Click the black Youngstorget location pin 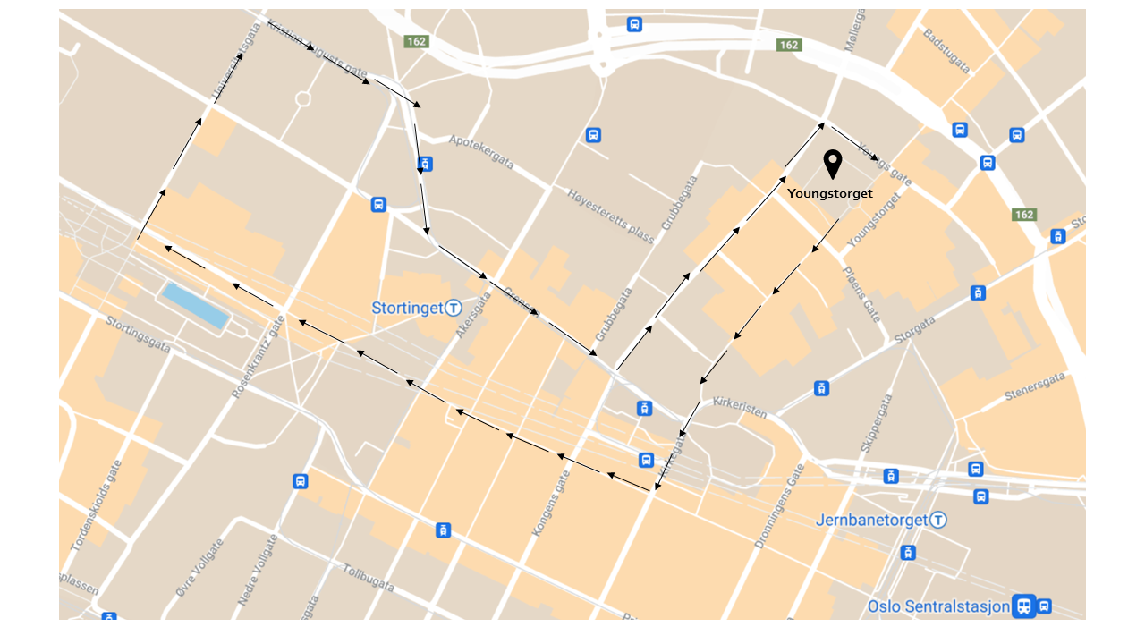tap(833, 164)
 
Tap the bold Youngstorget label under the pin tap(829, 193)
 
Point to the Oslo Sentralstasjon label tap(938, 606)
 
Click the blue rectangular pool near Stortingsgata tap(194, 305)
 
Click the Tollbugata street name tap(369, 578)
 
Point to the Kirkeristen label tap(740, 408)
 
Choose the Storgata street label tap(913, 328)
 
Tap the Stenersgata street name tap(1035, 391)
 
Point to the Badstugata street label tap(946, 51)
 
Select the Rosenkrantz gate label tap(259, 358)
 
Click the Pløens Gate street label tap(861, 292)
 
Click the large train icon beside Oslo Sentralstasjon tap(1023, 606)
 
